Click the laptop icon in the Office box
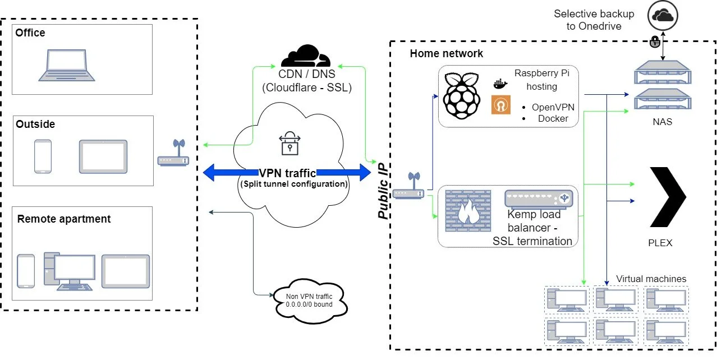pyautogui.click(x=66, y=63)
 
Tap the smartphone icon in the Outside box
pyautogui.click(x=43, y=156)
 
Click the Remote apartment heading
pyautogui.click(x=64, y=219)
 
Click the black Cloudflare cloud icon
pyautogui.click(x=306, y=56)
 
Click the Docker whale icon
pyautogui.click(x=500, y=84)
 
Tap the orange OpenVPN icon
pyautogui.click(x=500, y=105)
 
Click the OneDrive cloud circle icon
pyautogui.click(x=663, y=16)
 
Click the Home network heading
pyautogui.click(x=446, y=54)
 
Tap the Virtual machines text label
pyautogui.click(x=651, y=279)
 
